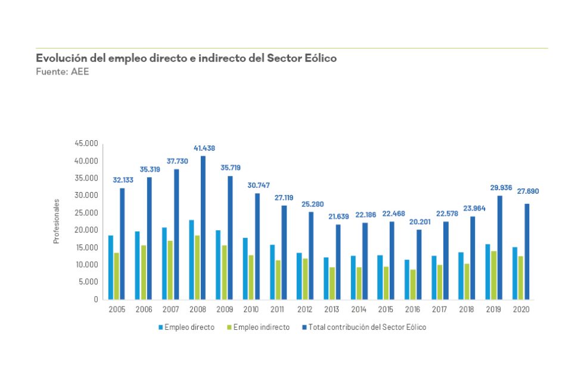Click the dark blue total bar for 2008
click(x=203, y=227)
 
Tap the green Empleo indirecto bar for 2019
click(x=493, y=275)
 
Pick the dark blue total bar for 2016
click(x=419, y=264)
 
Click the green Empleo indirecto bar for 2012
click(x=305, y=278)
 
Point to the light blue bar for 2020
click(x=515, y=273)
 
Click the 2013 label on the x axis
click(x=333, y=309)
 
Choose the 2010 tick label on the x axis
click(x=251, y=309)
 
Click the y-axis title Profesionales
click(x=57, y=221)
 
